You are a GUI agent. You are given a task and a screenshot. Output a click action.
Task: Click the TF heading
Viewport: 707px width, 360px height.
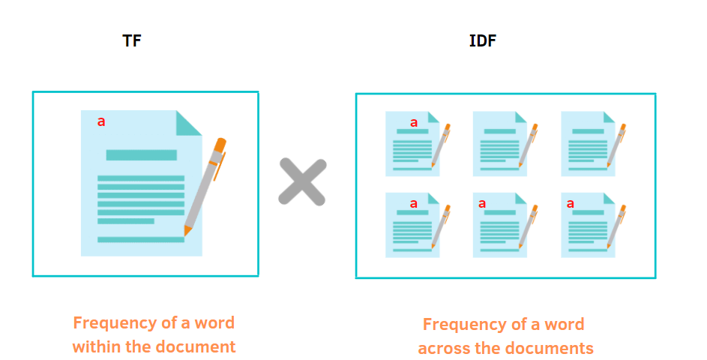tap(132, 40)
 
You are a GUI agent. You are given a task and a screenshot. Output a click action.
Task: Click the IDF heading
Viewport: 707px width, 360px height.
tap(482, 40)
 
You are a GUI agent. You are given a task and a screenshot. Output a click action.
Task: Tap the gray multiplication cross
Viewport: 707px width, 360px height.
tap(302, 181)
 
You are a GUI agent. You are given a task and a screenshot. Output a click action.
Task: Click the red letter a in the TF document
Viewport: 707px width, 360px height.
tap(101, 121)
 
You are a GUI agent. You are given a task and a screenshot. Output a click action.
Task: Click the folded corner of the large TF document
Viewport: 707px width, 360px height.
tap(188, 123)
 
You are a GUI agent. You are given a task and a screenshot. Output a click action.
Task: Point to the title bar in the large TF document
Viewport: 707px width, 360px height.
tap(141, 155)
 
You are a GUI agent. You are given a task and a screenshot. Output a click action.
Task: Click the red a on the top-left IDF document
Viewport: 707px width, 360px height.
tap(413, 122)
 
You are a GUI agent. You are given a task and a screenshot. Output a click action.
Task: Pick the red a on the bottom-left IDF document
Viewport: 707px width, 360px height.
tap(413, 203)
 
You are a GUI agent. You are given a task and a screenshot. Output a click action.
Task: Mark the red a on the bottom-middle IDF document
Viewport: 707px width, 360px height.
tap(482, 203)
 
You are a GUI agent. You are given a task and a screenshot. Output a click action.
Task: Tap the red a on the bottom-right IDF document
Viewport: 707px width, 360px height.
tap(570, 203)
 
